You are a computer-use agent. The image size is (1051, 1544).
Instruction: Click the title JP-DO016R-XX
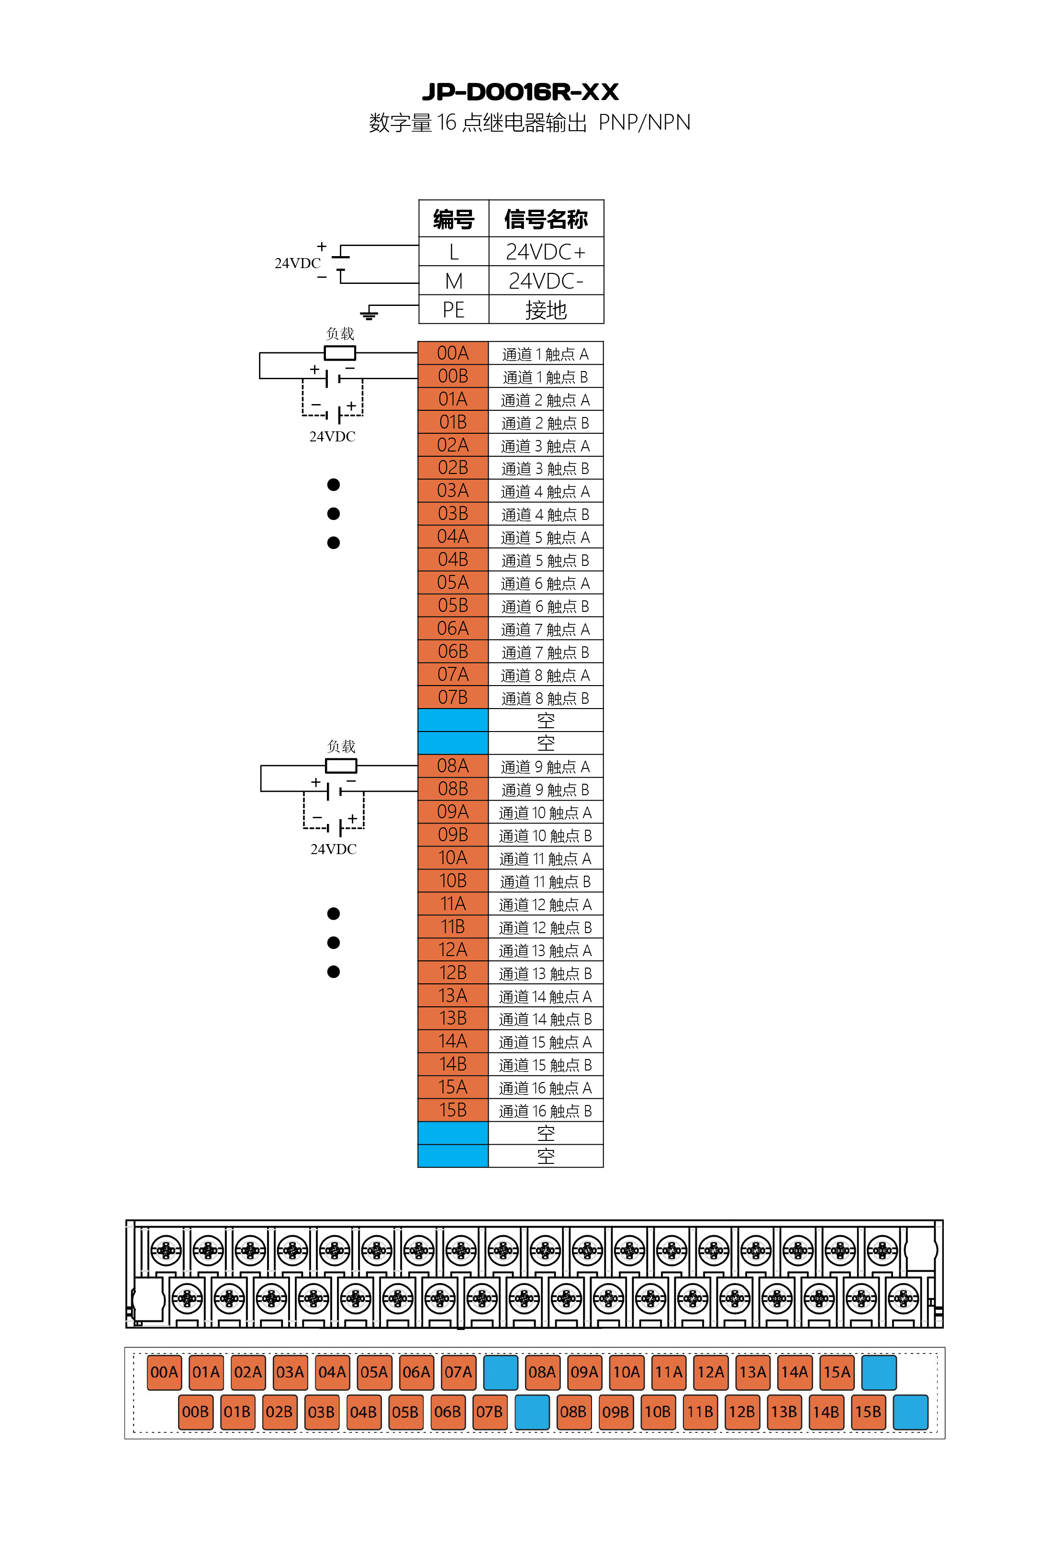tap(520, 92)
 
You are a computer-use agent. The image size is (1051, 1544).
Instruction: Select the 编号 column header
tap(453, 219)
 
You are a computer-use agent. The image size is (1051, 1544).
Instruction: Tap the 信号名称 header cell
tap(546, 219)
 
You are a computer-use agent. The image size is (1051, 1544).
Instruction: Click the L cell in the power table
tap(453, 252)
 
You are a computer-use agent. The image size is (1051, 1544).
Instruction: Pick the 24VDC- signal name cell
tap(546, 281)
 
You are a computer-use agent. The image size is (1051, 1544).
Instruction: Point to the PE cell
tap(453, 310)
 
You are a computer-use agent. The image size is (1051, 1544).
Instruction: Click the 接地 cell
tap(546, 310)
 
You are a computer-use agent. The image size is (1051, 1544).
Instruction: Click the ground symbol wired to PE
tap(369, 314)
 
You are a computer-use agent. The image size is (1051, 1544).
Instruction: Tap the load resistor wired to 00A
tap(339, 353)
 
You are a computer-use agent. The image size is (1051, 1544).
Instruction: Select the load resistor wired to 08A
tap(341, 766)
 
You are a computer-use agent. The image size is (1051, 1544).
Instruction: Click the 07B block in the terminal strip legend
tap(489, 1412)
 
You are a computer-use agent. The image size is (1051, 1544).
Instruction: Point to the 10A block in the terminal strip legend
tap(626, 1372)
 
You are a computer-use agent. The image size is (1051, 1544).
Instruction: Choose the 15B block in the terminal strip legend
tap(868, 1412)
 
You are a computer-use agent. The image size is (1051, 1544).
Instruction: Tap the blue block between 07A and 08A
tap(500, 1372)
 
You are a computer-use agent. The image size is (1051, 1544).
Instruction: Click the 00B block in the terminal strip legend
tap(195, 1412)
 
